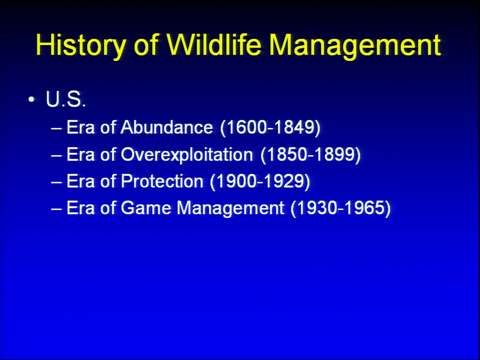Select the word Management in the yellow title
(355, 44)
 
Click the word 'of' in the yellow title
(146, 44)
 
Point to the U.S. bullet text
(65, 99)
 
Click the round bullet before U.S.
(31, 99)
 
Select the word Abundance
(166, 127)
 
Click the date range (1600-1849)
(270, 127)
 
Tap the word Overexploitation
(186, 154)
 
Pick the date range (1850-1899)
(310, 154)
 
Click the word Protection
(161, 181)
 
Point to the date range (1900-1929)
(260, 181)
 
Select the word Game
(145, 208)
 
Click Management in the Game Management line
(230, 208)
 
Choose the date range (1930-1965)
(340, 208)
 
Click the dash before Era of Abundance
(56, 128)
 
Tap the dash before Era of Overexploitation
(56, 155)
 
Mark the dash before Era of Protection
(56, 182)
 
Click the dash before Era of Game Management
(56, 209)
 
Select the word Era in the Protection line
(80, 181)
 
